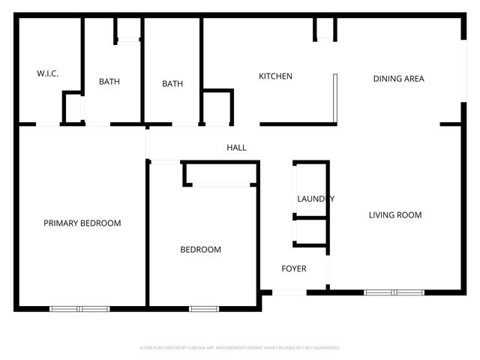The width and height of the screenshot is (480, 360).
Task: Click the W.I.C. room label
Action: [x=48, y=73]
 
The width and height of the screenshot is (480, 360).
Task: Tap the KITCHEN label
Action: [x=275, y=76]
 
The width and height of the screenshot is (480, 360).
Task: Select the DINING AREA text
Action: [x=399, y=79]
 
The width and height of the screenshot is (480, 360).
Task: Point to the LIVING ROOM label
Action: [x=395, y=215]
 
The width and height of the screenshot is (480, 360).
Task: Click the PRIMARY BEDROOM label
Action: [x=82, y=223]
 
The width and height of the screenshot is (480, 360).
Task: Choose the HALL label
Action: [x=236, y=148]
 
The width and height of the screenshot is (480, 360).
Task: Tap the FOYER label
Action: [x=293, y=268]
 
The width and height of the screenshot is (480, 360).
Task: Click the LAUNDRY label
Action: [x=315, y=199]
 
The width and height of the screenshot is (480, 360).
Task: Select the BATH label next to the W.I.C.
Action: [x=109, y=82]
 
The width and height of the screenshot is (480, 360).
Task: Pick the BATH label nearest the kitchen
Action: [x=172, y=84]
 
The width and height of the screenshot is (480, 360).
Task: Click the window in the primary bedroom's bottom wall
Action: [x=79, y=307]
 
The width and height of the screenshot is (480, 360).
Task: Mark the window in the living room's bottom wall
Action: [x=394, y=292]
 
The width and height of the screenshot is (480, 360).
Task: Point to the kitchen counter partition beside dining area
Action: [x=335, y=97]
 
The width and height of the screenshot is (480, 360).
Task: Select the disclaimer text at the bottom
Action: [x=240, y=348]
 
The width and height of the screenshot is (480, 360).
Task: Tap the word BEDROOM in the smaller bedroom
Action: [x=200, y=250]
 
